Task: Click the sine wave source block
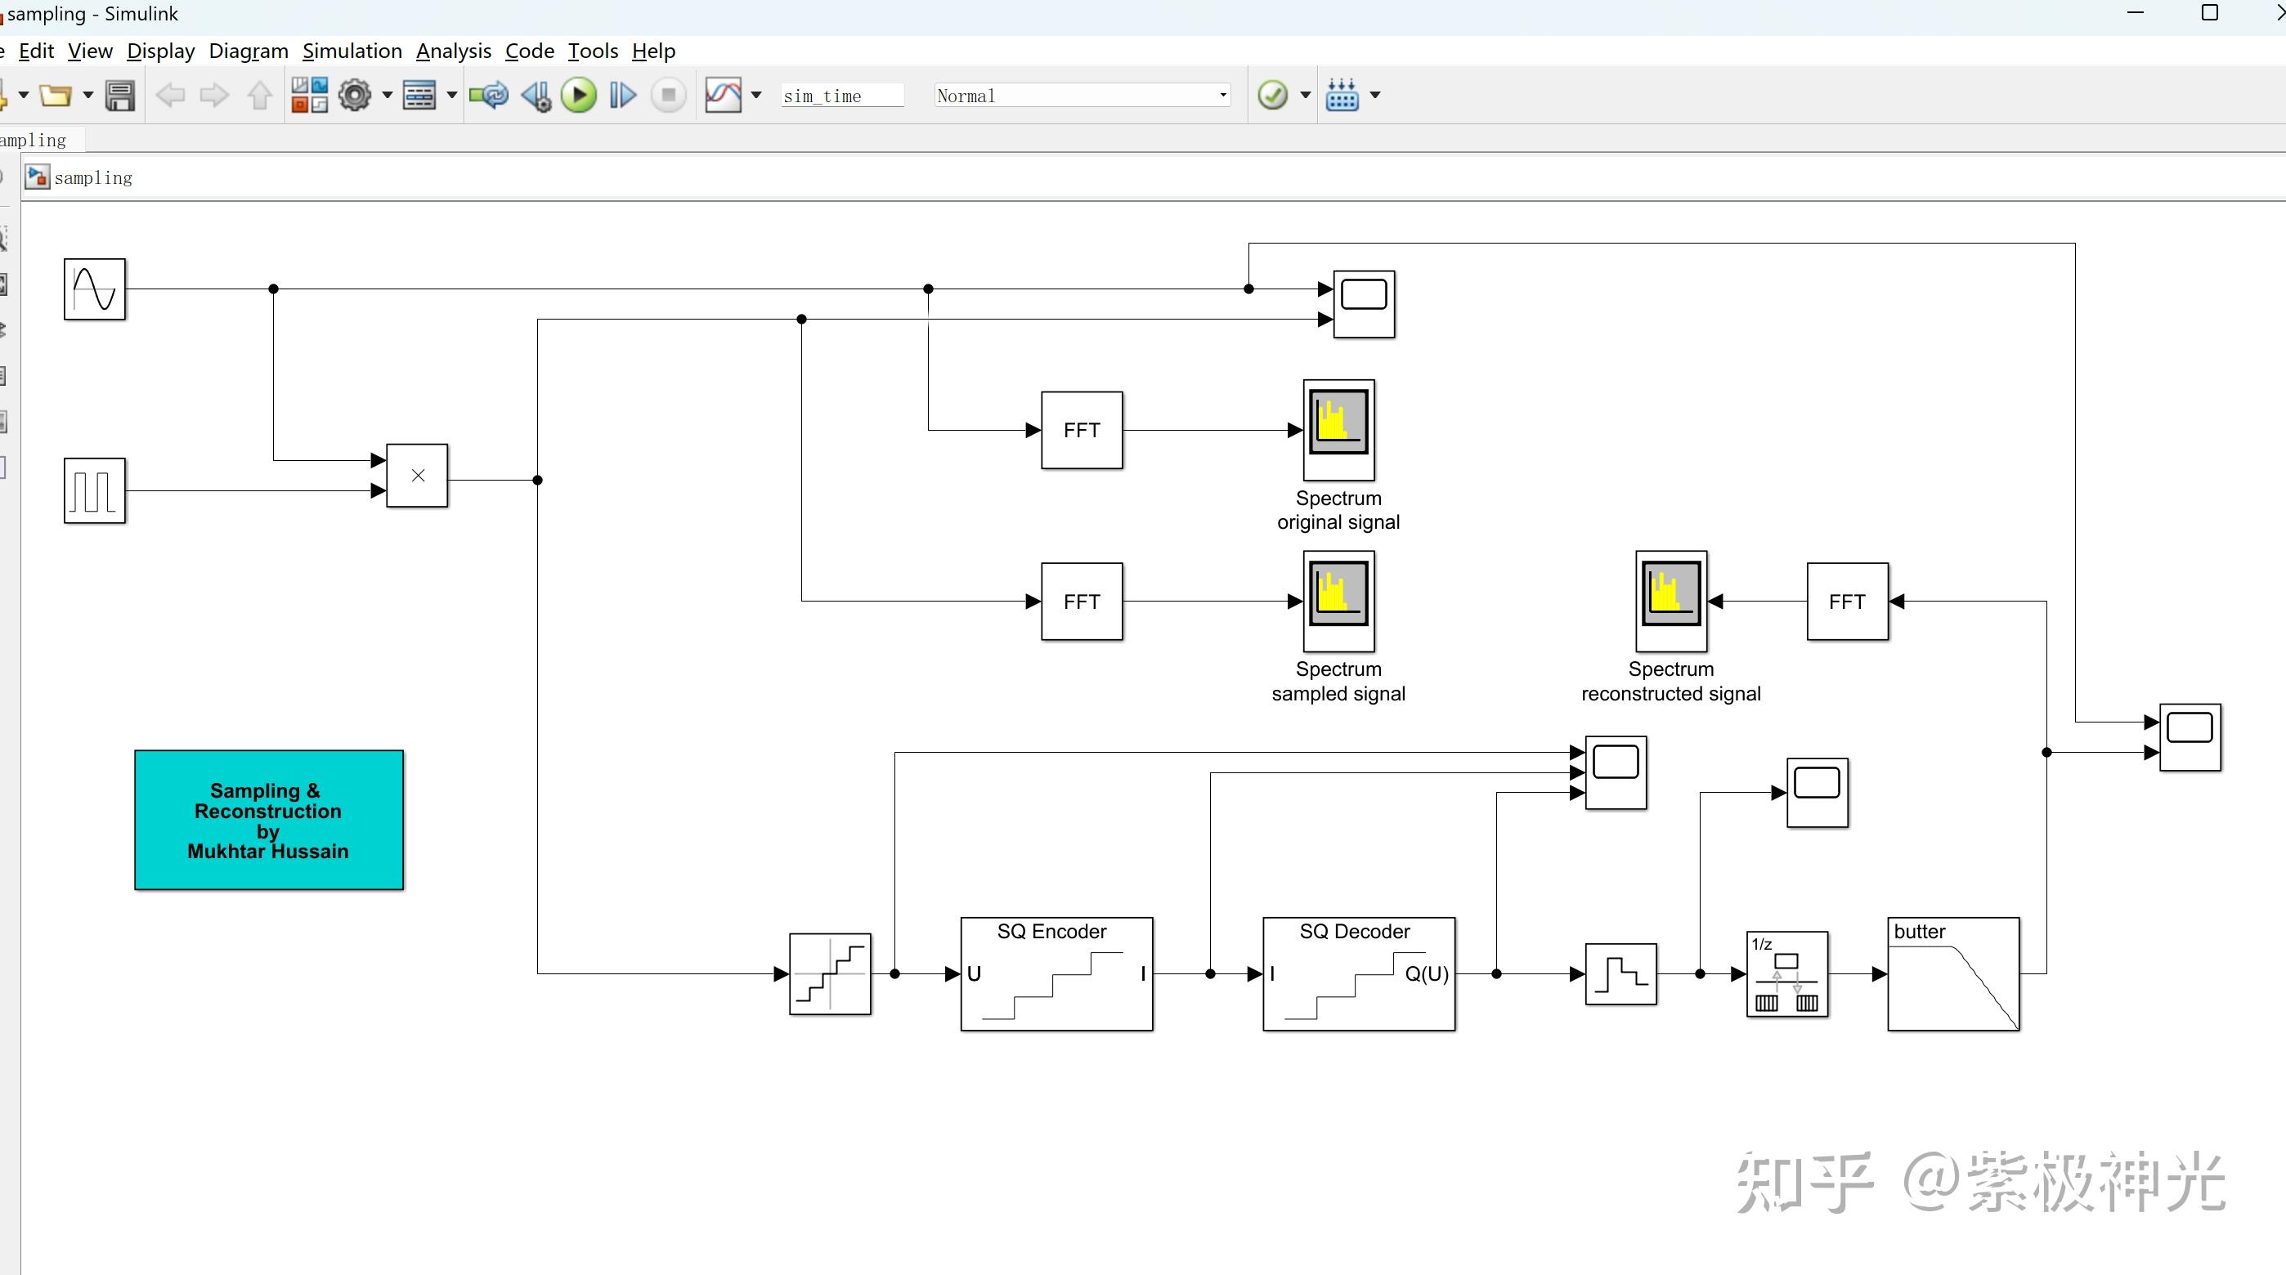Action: click(x=95, y=289)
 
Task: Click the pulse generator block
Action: click(x=95, y=490)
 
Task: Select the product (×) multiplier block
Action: click(x=417, y=476)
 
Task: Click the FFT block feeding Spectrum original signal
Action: click(x=1081, y=431)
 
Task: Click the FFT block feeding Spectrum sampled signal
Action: click(x=1081, y=602)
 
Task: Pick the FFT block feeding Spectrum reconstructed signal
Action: click(x=1847, y=602)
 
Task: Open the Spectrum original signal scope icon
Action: click(x=1338, y=429)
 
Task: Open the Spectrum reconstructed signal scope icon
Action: click(x=1670, y=601)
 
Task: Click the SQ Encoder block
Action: click(x=1056, y=974)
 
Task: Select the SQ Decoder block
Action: click(x=1358, y=974)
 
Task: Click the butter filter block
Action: click(x=1953, y=974)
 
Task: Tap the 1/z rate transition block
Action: click(x=1786, y=974)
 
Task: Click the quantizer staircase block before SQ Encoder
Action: click(x=830, y=974)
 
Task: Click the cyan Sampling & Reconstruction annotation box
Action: click(x=269, y=820)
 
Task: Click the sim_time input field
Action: click(x=840, y=96)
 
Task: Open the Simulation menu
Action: click(x=352, y=51)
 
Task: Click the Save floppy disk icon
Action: click(x=120, y=96)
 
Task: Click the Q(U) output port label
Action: click(x=1425, y=974)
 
